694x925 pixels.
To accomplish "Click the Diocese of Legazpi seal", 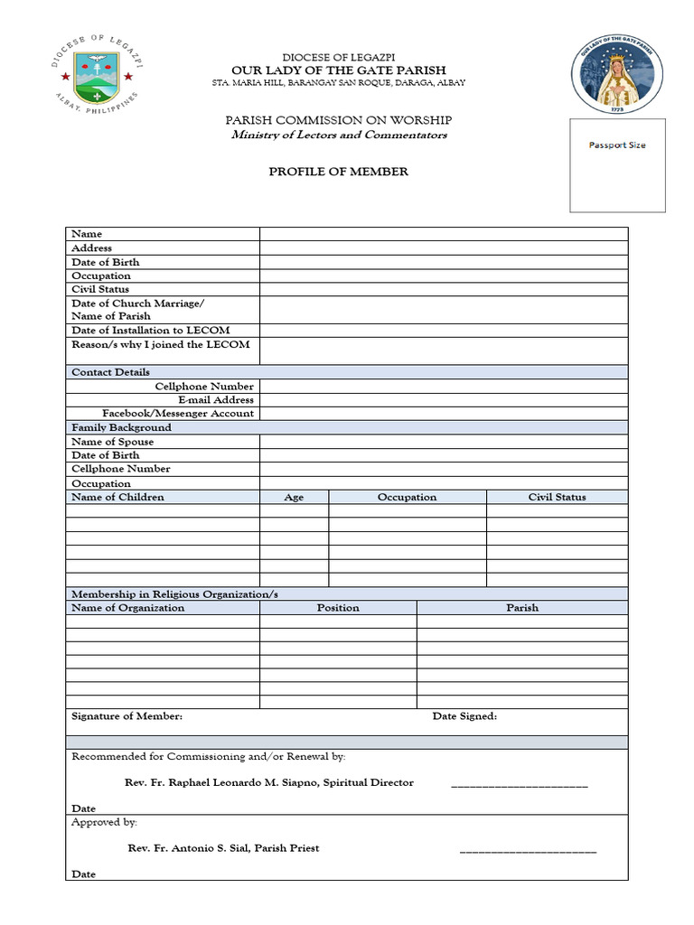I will (97, 73).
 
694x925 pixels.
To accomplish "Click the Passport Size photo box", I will (617, 164).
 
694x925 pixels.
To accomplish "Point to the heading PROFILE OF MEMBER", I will (338, 172).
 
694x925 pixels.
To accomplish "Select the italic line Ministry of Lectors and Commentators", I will (338, 135).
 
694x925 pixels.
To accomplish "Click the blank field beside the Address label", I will (443, 248).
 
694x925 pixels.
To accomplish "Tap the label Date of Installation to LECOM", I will (150, 331).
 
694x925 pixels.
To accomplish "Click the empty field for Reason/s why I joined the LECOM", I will (443, 350).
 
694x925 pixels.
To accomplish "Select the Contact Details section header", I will (111, 372).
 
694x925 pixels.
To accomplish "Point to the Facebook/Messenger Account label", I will (177, 414).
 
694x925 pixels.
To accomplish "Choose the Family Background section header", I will (121, 427).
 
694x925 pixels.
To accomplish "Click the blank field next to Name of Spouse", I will (443, 442).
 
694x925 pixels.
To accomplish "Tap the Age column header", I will (294, 498).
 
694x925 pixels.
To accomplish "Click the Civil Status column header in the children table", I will (557, 497).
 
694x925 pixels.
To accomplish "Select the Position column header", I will (338, 608).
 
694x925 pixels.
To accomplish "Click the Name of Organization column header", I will (127, 608).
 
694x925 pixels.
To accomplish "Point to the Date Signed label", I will (464, 716).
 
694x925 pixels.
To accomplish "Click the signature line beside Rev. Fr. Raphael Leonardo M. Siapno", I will (519, 784).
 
